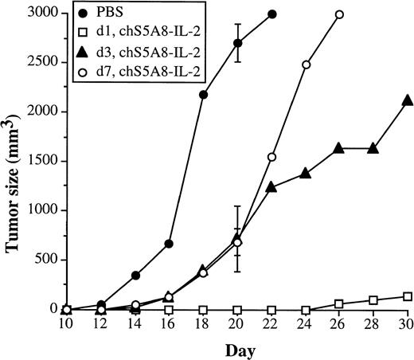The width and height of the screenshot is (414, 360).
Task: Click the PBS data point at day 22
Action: click(x=272, y=14)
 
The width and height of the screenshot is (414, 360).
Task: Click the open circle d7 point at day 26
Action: click(x=340, y=14)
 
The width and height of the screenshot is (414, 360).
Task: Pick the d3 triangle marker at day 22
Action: click(x=272, y=186)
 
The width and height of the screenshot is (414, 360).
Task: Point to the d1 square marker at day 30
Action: click(x=408, y=296)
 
